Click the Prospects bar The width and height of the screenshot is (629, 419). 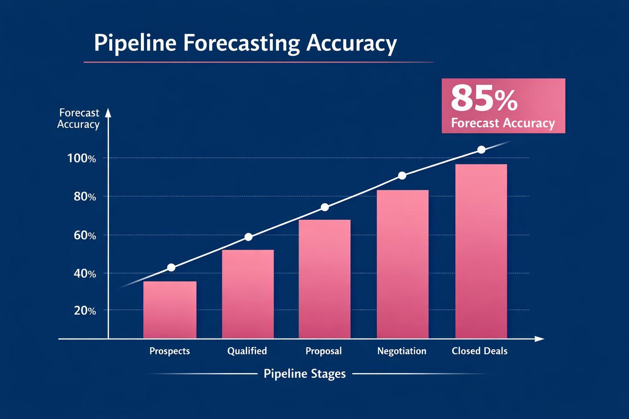[x=170, y=310]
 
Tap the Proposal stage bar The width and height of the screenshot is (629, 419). [x=324, y=279]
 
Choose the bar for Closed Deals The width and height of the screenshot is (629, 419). [x=481, y=251]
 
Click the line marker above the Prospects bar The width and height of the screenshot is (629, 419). [x=171, y=268]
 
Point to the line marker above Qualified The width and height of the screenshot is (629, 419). [x=248, y=237]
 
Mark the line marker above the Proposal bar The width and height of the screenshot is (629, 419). [x=325, y=207]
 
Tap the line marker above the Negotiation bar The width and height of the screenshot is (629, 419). [x=402, y=176]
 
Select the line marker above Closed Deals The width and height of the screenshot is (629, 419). [x=482, y=150]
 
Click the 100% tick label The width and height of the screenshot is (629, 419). [x=81, y=158]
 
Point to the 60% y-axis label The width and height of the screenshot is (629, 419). [x=85, y=235]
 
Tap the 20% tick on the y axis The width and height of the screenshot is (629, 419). [x=85, y=311]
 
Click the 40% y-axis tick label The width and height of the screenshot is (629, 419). [x=85, y=273]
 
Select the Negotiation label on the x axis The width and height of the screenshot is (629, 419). [x=402, y=351]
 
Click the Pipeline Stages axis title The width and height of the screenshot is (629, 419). [x=305, y=374]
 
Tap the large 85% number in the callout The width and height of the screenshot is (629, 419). [x=484, y=99]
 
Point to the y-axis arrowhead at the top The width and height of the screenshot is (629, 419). [x=108, y=113]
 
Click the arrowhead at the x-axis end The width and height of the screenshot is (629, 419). [x=540, y=339]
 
